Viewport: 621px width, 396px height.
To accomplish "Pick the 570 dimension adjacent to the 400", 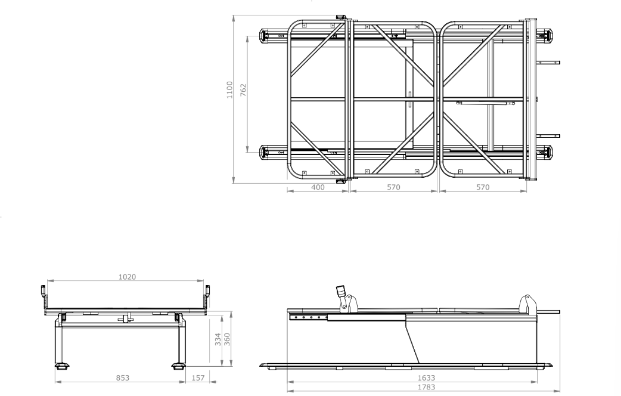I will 392,187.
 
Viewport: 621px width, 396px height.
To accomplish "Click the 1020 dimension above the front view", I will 126,277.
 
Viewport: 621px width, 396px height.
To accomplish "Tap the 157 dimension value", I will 197,378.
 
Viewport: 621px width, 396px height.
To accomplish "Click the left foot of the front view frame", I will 60,366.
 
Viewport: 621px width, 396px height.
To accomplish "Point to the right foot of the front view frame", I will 178,366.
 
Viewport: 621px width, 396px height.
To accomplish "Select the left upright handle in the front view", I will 44,292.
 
